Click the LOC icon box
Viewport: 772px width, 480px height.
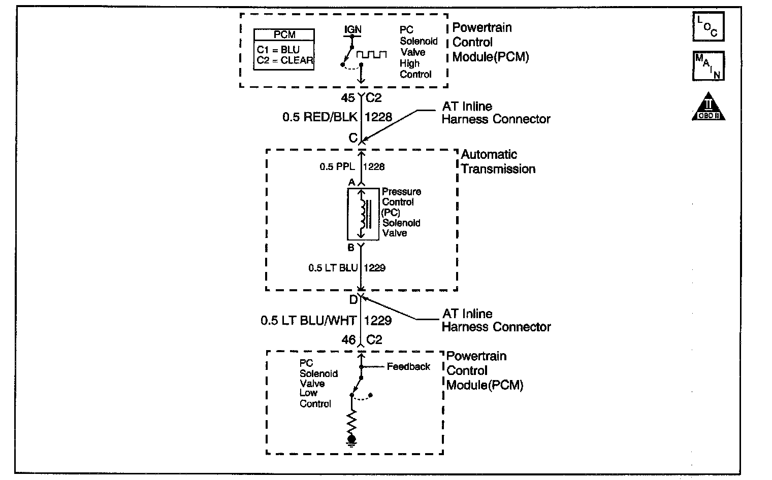coord(708,26)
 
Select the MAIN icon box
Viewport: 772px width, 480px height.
coord(708,66)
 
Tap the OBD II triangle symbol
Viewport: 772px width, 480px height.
coord(709,108)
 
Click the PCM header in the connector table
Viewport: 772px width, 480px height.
coord(284,35)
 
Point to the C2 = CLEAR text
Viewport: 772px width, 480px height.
coord(285,61)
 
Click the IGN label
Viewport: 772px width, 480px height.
coord(353,29)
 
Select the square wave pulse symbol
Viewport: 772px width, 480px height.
coord(371,54)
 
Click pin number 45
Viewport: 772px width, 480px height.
coord(348,98)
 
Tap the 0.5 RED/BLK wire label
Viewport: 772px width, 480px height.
coord(320,117)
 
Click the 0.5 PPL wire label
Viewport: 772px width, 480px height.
coord(337,166)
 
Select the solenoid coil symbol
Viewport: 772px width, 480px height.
coord(363,214)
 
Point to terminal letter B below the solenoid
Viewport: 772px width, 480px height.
coord(351,248)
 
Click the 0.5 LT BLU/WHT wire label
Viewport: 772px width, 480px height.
coord(308,320)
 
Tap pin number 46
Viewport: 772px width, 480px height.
coord(348,340)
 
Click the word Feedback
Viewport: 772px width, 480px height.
coord(408,366)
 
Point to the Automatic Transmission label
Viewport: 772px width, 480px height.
coord(498,161)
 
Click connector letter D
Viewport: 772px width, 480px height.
coord(353,300)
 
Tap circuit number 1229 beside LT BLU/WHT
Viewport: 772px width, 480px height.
coord(378,320)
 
